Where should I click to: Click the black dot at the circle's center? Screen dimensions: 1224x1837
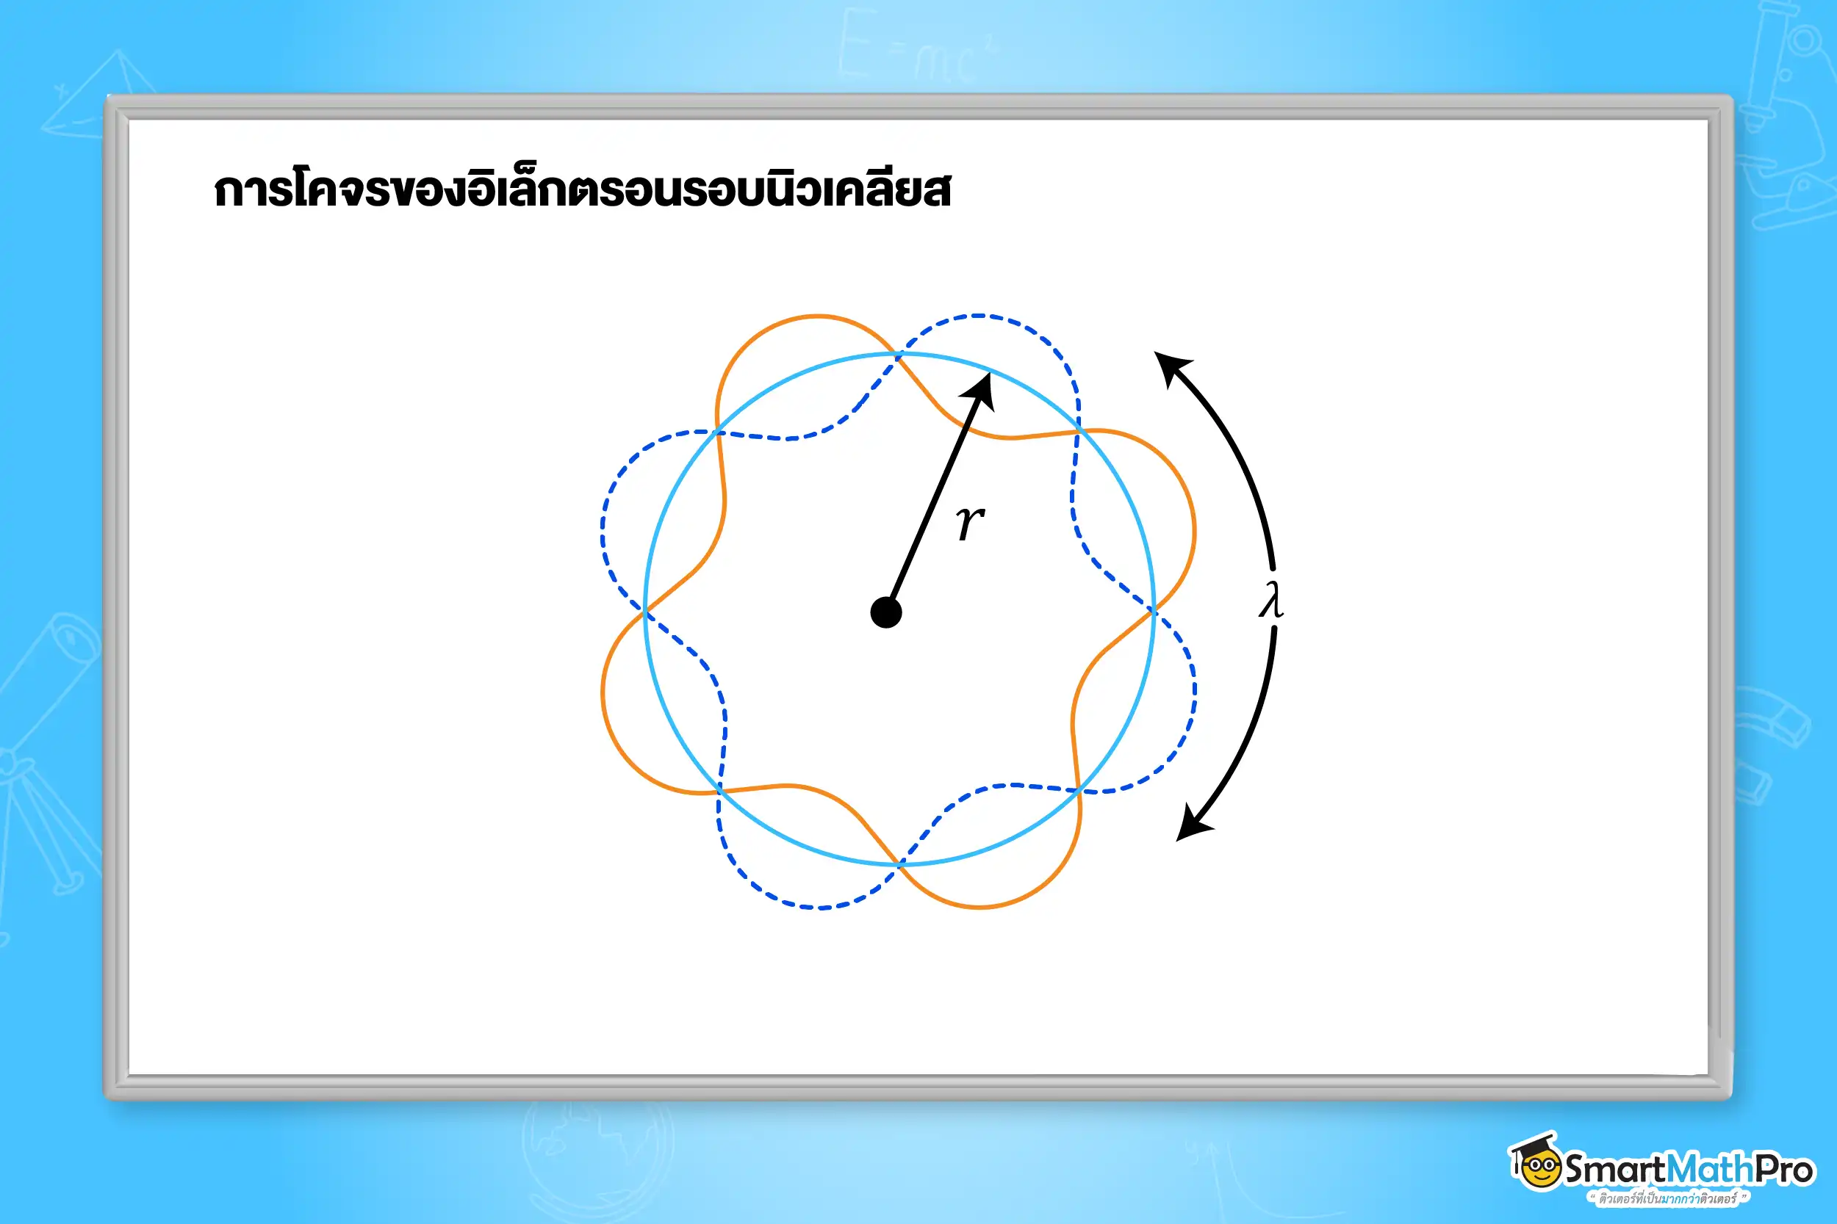885,613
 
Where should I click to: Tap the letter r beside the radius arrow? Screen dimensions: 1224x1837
970,521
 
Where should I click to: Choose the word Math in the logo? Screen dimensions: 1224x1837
1710,1170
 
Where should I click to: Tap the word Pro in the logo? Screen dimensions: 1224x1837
1784,1170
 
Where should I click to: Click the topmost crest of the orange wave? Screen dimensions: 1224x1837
817,316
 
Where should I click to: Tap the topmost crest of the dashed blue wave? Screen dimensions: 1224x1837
979,316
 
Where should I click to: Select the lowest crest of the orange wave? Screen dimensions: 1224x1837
979,907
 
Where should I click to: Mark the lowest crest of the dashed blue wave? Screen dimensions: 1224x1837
819,908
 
